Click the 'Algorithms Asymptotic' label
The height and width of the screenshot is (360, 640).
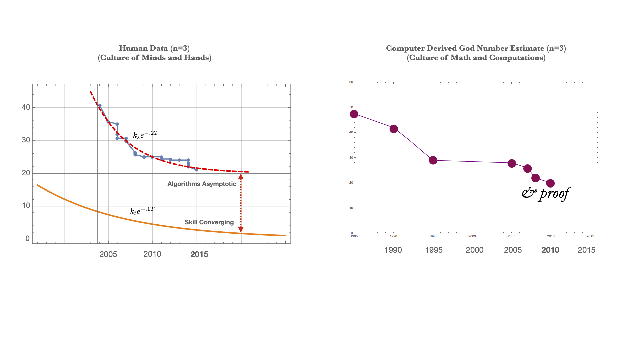(x=202, y=184)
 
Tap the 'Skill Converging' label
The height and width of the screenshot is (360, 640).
(x=209, y=222)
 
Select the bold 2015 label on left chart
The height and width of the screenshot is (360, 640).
(x=199, y=254)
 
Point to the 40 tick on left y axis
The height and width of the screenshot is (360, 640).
(x=26, y=107)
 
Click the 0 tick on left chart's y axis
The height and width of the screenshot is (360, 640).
(x=27, y=239)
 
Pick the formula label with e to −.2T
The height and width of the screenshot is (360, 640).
(x=145, y=135)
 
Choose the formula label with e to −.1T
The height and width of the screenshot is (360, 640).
(x=142, y=211)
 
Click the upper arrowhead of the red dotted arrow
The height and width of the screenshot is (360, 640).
(x=241, y=177)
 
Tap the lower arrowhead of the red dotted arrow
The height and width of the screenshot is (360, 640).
(x=241, y=230)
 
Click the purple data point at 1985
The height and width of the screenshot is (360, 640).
(x=354, y=114)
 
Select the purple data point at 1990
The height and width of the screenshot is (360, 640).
(x=394, y=129)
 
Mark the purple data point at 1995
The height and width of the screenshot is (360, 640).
(x=433, y=160)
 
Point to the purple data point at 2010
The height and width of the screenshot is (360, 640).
(x=550, y=183)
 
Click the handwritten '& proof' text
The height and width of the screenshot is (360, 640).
(x=546, y=194)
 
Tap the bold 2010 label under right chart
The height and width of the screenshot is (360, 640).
(x=550, y=250)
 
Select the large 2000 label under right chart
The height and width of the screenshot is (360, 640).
(x=474, y=250)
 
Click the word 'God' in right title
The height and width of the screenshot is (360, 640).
(x=469, y=48)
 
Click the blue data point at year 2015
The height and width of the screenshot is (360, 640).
(x=197, y=170)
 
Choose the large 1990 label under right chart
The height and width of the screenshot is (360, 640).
(x=393, y=250)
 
